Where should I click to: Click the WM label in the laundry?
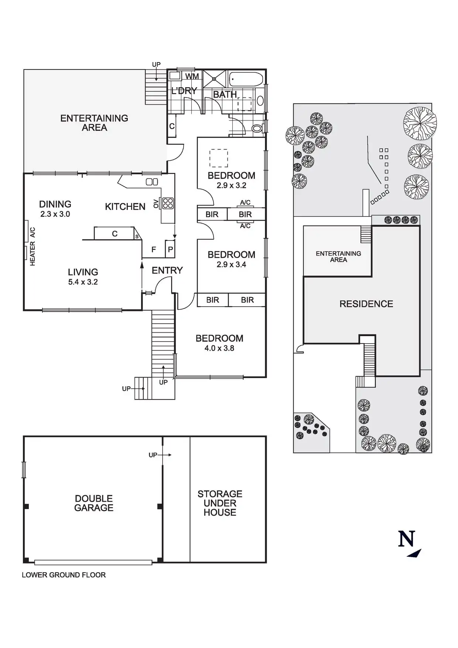coord(192,76)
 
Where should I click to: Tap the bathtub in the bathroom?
coord(246,79)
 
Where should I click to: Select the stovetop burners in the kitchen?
coord(168,204)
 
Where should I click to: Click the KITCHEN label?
coord(125,207)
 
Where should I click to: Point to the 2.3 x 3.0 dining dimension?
coord(55,214)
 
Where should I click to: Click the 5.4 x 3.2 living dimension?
coord(83,282)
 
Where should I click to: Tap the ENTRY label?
coord(167,270)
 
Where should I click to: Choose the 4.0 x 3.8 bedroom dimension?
coord(219,348)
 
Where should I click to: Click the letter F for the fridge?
coord(154,250)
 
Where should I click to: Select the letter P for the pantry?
coord(170,250)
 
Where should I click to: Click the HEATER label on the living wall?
coord(33,254)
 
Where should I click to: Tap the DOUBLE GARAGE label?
coord(94,503)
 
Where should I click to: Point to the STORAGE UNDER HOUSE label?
coord(220,503)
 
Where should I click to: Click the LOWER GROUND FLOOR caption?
coord(64,575)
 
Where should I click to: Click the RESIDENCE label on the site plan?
coord(366,304)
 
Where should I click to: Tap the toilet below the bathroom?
coord(257,129)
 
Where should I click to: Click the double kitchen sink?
coord(152,182)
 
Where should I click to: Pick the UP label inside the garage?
coord(153,455)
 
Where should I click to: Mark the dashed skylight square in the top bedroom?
coord(219,158)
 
